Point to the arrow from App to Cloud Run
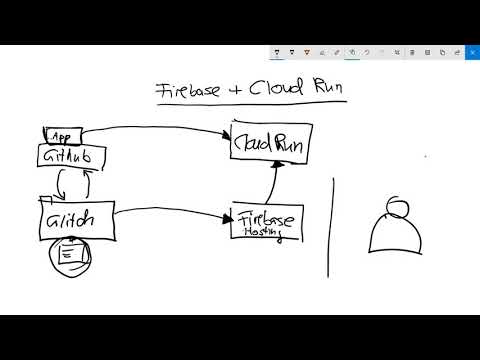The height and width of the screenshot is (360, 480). [160, 127]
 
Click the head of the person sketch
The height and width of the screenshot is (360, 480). [397, 207]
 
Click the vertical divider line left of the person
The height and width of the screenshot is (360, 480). [331, 226]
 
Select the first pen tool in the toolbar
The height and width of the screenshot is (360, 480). [277, 51]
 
